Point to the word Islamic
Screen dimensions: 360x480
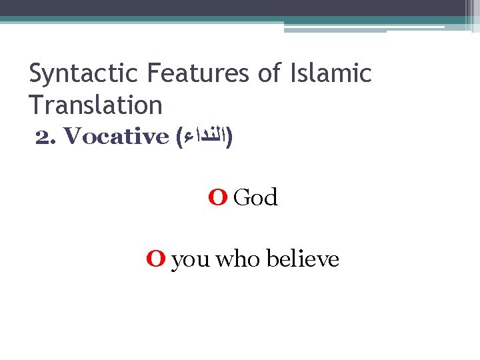(x=331, y=73)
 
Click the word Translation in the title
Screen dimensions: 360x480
(x=96, y=105)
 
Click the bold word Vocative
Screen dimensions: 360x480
(x=117, y=137)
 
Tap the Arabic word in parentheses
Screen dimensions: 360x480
(x=206, y=138)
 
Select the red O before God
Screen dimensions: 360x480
(x=217, y=197)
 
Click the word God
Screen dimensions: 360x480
(x=256, y=197)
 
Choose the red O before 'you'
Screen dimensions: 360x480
(x=156, y=259)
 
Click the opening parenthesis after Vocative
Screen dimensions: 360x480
(x=179, y=138)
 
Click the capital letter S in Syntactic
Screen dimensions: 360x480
(x=37, y=73)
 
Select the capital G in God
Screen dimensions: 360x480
(x=243, y=197)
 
